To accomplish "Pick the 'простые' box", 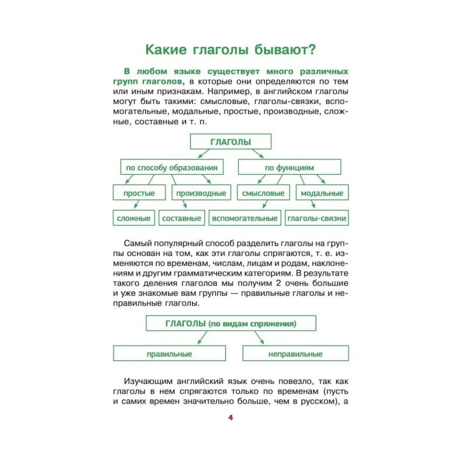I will tap(139, 193).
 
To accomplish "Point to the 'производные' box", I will tap(201, 193).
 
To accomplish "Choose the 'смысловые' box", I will tap(263, 193).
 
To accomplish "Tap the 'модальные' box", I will tap(322, 193).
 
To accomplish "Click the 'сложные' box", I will tap(133, 218).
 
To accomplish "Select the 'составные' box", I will tap(182, 218).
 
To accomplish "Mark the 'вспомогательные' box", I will tap(244, 218).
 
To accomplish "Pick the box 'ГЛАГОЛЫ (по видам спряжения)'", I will tap(230, 324).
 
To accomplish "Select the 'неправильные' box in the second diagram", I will tap(295, 354).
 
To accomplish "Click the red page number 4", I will tap(230, 418).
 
